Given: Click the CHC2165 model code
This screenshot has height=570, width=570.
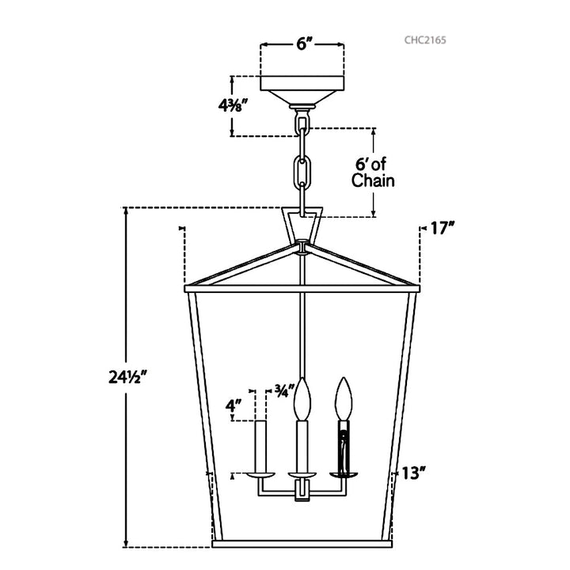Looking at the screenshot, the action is coord(425,40).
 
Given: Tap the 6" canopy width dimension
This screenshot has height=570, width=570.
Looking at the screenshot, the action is coord(302,44).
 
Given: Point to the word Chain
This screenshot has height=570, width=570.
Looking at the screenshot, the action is coord(373,180).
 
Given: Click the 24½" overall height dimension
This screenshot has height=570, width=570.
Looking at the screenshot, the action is coord(127,377).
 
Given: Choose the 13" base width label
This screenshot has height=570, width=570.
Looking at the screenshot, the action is coord(413,473).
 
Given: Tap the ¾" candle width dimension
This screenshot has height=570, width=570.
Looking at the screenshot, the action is coord(283,391).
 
